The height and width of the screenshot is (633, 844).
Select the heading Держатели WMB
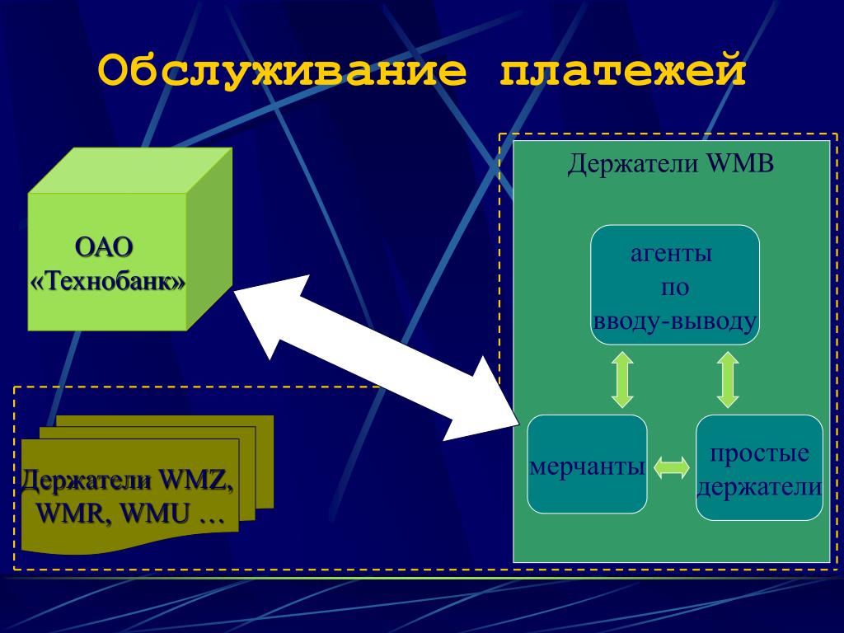(x=670, y=163)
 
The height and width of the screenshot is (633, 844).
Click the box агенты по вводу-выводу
(x=674, y=284)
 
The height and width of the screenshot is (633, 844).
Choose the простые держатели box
(x=759, y=467)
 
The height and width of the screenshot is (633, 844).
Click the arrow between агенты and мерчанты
(x=622, y=379)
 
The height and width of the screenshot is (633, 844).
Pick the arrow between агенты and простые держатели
(x=728, y=379)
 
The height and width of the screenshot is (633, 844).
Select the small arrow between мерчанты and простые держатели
(x=672, y=468)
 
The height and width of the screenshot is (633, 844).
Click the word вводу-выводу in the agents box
(x=674, y=321)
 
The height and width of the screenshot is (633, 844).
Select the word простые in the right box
(x=759, y=452)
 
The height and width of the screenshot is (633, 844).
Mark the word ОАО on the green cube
(x=104, y=247)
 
